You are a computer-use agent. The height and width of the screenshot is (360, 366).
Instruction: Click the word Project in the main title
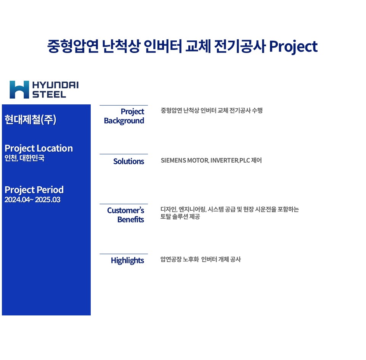(x=293, y=47)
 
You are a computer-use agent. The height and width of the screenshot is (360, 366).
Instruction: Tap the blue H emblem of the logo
(x=19, y=90)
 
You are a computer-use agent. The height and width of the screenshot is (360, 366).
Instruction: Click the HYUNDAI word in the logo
(x=55, y=85)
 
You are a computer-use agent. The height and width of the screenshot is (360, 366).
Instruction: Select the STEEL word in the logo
(x=49, y=94)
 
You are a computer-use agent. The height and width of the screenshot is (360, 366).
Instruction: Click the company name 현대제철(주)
(x=30, y=119)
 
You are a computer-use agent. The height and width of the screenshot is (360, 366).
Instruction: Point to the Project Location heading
(x=39, y=149)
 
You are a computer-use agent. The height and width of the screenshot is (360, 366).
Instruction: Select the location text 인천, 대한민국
(x=24, y=158)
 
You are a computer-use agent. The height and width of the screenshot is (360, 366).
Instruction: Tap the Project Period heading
(x=34, y=190)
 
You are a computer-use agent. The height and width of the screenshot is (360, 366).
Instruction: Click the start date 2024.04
(x=17, y=200)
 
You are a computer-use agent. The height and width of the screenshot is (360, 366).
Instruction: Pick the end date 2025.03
(x=48, y=200)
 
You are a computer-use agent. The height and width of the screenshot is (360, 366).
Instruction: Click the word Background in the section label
(x=124, y=121)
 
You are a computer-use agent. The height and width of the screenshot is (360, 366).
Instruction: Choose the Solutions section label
(x=128, y=162)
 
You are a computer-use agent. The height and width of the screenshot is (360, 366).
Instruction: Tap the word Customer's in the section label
(x=125, y=210)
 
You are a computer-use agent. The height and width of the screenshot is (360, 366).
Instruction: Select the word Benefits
(x=131, y=220)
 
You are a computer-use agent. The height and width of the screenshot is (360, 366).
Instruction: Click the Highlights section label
(x=127, y=261)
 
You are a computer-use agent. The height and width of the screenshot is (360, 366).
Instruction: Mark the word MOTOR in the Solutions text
(x=198, y=160)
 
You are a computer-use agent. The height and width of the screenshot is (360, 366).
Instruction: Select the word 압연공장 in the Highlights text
(x=171, y=259)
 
